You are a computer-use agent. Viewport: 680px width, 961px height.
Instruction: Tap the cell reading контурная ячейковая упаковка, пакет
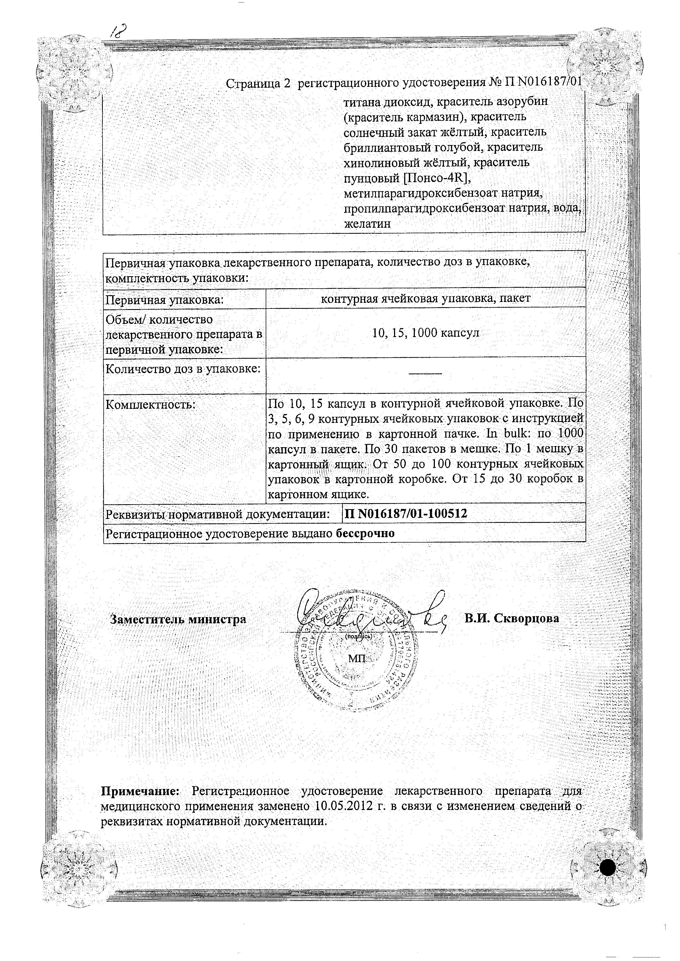(426, 298)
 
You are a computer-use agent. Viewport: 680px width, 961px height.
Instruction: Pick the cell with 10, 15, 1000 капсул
(426, 333)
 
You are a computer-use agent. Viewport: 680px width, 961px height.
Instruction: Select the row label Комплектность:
(151, 405)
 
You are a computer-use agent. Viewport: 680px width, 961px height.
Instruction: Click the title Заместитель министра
(178, 619)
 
